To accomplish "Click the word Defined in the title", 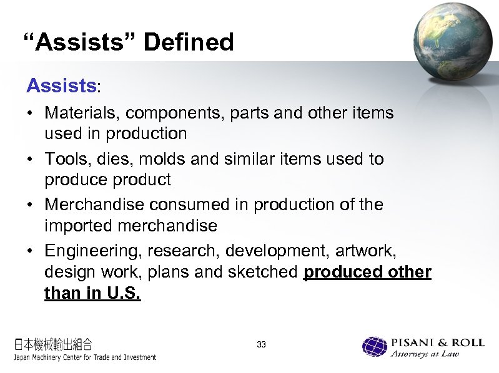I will [189, 42].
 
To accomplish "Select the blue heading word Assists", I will [61, 85].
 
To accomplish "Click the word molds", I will [167, 159].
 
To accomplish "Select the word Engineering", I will [93, 250].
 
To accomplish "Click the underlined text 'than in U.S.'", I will [92, 293].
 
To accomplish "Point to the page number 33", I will [261, 344].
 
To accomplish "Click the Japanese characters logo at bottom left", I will [54, 344].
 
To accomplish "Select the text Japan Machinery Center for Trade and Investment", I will [85, 357].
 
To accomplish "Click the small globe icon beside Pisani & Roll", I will [375, 347].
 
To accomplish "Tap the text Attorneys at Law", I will [425, 354].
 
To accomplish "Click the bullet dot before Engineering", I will [30, 251].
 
